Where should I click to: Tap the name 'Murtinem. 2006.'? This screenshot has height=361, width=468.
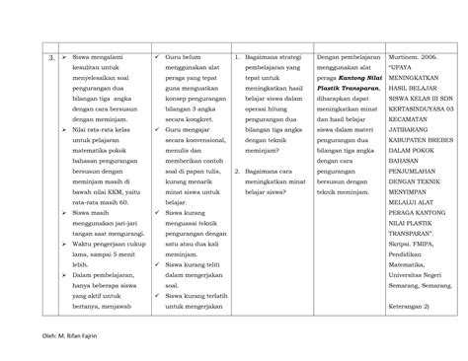pos(410,59)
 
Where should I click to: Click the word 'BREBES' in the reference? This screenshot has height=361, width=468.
pos(441,148)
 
